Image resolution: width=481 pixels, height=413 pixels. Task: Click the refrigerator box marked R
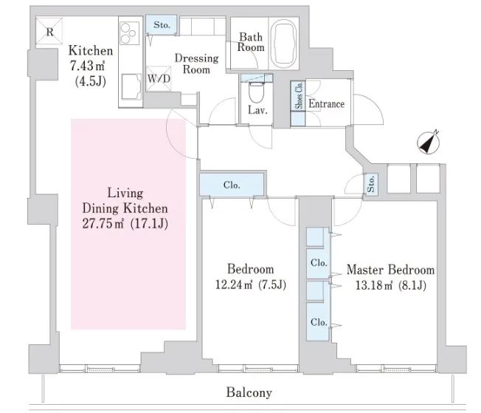[x=49, y=33]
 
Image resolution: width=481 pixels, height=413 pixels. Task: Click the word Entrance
[x=326, y=104]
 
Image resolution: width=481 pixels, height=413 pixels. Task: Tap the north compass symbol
[x=427, y=142]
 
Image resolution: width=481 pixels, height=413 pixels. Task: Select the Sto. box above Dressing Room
[x=162, y=26]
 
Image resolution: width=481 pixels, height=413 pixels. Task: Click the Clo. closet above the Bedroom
[x=231, y=185]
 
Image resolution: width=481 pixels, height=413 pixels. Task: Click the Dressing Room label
[x=196, y=64]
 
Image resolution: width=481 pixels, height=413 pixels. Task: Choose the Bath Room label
[x=250, y=41]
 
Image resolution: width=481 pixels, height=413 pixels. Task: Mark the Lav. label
[x=257, y=110]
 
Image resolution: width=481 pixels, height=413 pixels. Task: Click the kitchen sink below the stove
[x=130, y=86]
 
